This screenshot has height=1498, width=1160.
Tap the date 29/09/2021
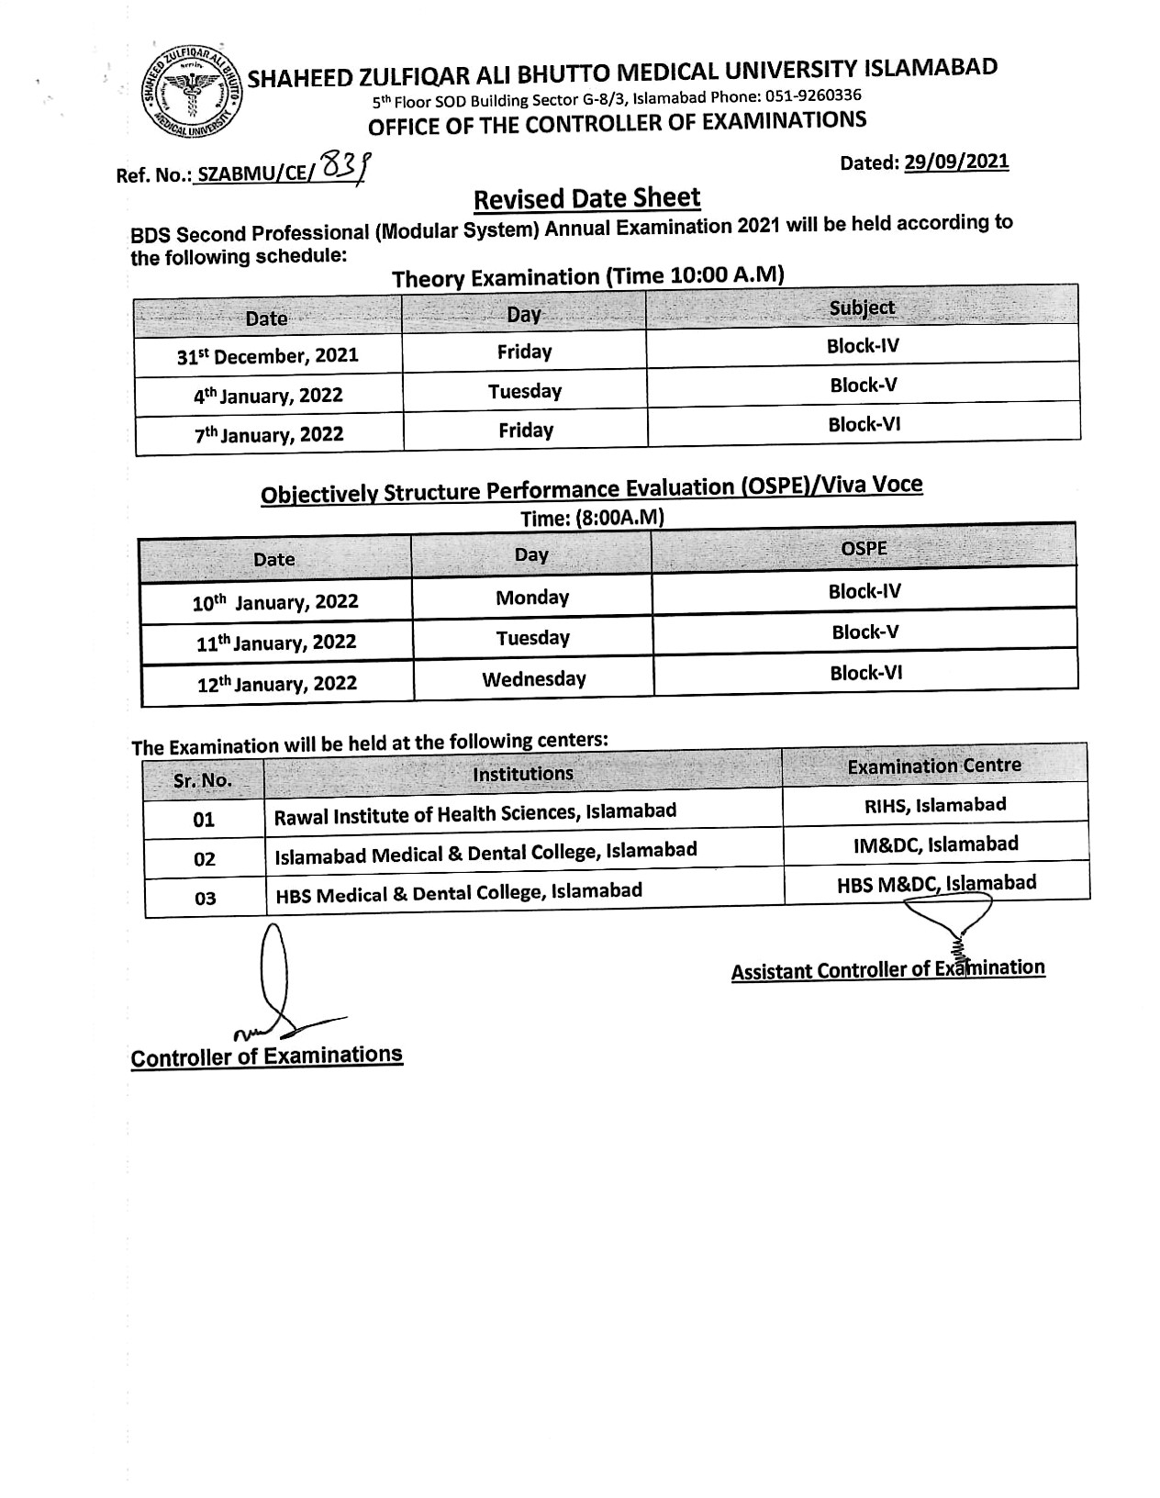pyautogui.click(x=956, y=162)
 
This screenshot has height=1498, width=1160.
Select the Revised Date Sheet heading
pyautogui.click(x=586, y=198)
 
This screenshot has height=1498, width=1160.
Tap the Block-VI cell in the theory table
pyautogui.click(x=863, y=424)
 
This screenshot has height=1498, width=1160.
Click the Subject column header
pyautogui.click(x=862, y=307)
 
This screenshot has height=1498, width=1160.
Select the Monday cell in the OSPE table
pyautogui.click(x=532, y=598)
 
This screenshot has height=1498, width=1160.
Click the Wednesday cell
pyautogui.click(x=534, y=679)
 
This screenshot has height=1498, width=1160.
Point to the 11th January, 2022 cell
pyautogui.click(x=276, y=643)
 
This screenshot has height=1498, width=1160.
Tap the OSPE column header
pyautogui.click(x=864, y=548)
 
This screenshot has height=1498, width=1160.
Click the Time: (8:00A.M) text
pyautogui.click(x=592, y=518)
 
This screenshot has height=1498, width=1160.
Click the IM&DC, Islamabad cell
pyautogui.click(x=935, y=844)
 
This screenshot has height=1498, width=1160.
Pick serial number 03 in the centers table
pyautogui.click(x=205, y=898)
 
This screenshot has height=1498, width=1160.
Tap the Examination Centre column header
pyautogui.click(x=934, y=766)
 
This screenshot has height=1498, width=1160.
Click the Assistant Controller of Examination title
pyautogui.click(x=887, y=969)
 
